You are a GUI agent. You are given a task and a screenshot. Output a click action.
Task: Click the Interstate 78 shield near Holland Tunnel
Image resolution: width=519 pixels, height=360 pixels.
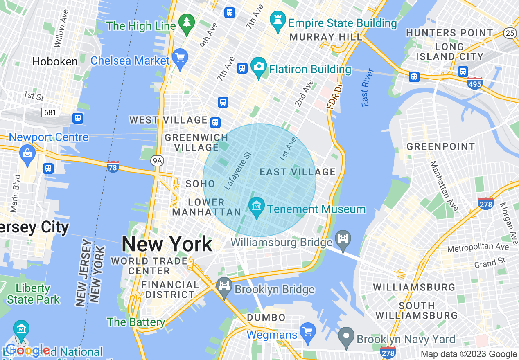tap(113, 166)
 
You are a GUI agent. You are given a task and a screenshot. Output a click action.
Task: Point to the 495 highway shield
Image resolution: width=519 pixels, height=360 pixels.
tap(474, 83)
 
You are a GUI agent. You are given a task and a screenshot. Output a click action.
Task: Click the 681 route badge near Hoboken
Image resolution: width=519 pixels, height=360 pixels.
tap(50, 112)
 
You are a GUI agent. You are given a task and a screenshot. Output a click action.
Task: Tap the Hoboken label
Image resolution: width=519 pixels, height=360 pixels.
tap(55, 62)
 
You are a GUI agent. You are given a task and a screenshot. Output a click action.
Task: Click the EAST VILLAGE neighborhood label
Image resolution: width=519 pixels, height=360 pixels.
tap(298, 172)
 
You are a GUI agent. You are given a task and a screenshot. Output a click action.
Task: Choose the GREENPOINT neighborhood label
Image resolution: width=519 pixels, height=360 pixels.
tap(440, 146)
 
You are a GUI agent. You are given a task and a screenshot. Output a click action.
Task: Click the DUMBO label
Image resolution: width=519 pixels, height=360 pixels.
tap(266, 317)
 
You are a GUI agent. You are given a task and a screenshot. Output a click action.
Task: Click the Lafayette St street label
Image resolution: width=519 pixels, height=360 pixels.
tap(238, 171)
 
